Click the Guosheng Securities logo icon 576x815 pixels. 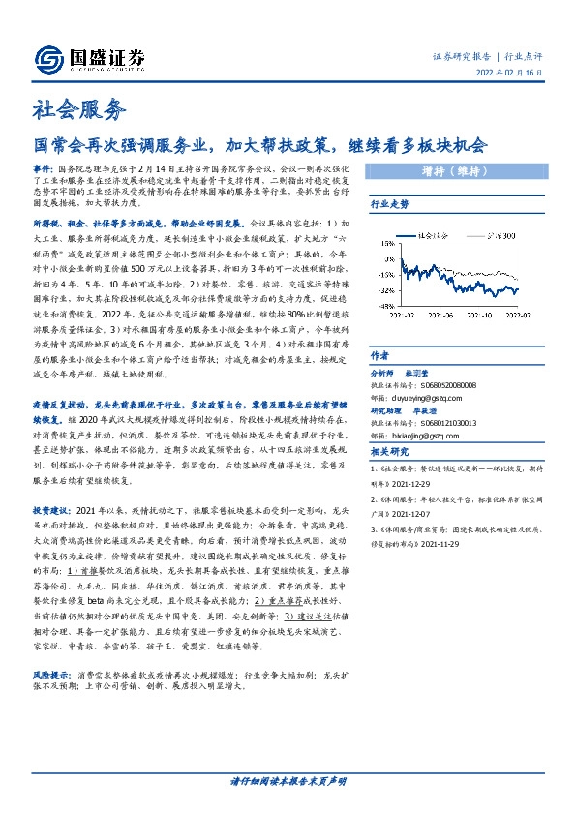[x=49, y=58]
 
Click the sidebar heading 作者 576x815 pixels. [x=379, y=355]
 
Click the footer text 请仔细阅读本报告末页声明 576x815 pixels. [x=288, y=780]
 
